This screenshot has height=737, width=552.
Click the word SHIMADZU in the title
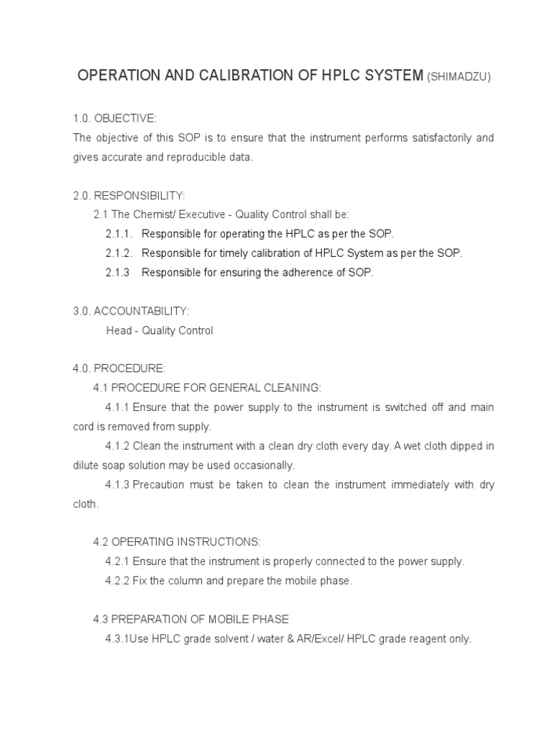tap(459, 78)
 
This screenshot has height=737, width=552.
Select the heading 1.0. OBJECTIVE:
tap(114, 118)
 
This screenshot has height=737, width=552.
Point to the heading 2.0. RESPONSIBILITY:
tap(129, 196)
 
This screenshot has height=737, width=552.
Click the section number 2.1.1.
tap(119, 234)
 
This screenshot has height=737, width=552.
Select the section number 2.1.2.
tap(119, 253)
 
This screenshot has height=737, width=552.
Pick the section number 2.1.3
tap(117, 273)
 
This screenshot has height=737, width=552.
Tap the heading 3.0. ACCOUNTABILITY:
tap(131, 311)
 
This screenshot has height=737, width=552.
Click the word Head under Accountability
tap(119, 330)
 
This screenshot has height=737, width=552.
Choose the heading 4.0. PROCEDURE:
tap(119, 368)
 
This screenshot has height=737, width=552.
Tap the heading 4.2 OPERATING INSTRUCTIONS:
tap(177, 542)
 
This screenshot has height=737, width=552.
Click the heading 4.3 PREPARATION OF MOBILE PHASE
tap(191, 619)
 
